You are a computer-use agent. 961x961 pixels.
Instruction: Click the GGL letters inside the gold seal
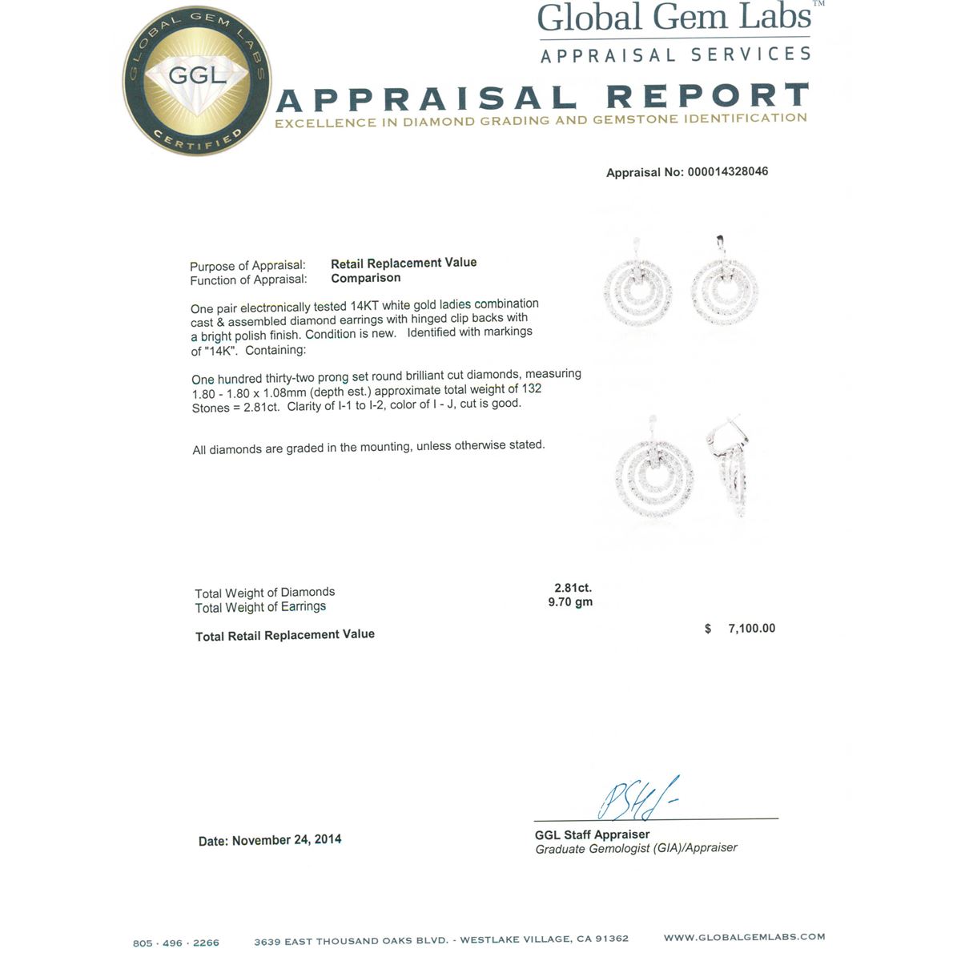point(197,76)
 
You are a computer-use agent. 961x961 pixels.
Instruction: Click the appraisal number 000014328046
point(727,171)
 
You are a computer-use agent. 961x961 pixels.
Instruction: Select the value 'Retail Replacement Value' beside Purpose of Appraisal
point(404,263)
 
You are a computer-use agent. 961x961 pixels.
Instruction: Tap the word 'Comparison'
point(366,278)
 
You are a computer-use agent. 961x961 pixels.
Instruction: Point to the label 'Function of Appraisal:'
point(248,280)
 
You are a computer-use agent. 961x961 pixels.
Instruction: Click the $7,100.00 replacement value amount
point(751,629)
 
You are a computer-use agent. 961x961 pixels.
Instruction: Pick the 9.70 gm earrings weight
point(570,602)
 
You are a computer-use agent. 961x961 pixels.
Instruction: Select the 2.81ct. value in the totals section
point(573,588)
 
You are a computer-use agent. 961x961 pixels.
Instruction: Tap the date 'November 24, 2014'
point(287,840)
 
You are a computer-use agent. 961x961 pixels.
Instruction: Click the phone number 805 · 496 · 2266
point(175,943)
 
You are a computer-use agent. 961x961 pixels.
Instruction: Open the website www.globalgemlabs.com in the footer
point(744,937)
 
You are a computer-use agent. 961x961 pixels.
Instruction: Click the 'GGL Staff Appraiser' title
point(592,834)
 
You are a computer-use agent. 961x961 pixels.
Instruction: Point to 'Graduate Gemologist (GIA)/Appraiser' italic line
point(636,848)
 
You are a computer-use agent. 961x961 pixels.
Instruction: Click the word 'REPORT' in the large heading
point(706,97)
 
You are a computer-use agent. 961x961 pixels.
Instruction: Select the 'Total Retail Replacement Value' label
point(285,635)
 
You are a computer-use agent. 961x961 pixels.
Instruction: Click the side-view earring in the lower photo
point(730,468)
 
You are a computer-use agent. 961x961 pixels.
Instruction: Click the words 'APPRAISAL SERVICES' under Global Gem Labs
point(675,55)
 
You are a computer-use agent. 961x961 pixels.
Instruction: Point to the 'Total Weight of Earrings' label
point(260,607)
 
